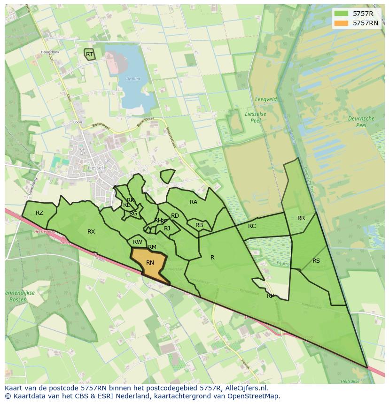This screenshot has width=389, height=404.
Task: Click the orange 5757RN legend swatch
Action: click(342, 23)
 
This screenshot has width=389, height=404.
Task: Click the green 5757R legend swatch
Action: click(342, 14)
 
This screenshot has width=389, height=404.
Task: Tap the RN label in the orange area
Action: click(150, 263)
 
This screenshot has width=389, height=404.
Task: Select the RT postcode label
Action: click(89, 54)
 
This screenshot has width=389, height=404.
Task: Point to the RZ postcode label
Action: click(39, 213)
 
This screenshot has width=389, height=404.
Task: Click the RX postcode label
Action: click(91, 232)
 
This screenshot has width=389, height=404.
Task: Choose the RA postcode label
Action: click(194, 202)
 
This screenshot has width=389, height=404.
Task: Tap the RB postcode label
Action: click(199, 225)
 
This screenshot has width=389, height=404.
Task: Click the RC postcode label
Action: click(252, 226)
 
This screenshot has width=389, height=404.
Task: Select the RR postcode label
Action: click(301, 218)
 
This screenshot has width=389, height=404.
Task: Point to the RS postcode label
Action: click(316, 261)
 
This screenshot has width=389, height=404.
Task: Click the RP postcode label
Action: click(271, 296)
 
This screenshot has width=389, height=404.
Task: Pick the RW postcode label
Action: click(138, 242)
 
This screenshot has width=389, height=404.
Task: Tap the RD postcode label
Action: click(175, 216)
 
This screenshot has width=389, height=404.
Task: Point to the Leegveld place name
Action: click(265, 100)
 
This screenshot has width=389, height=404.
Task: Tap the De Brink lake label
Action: click(133, 79)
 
